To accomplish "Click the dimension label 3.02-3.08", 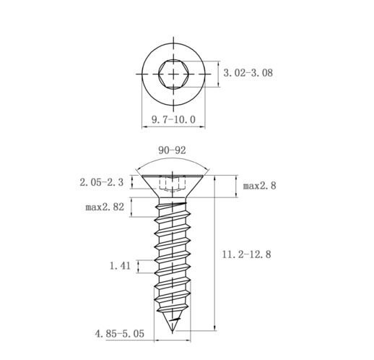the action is tap(248, 73).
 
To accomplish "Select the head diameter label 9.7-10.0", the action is tap(173, 119).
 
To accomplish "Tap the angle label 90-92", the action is tap(172, 150).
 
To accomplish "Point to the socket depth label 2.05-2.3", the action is tap(102, 182).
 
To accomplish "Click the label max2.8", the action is tap(259, 186).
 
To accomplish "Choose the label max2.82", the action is tap(105, 207).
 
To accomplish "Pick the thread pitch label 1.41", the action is tap(120, 266).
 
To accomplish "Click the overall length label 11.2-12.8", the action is tap(246, 254).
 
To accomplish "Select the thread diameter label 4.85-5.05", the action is tap(120, 334).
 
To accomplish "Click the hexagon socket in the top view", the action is tap(173, 73).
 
